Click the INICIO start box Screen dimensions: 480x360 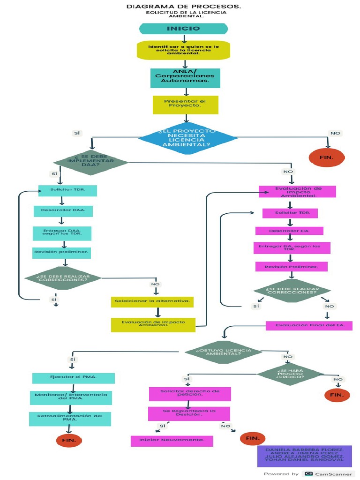point(183,29)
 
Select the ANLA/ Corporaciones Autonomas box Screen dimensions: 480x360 point(185,78)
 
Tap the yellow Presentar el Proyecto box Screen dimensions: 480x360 point(185,105)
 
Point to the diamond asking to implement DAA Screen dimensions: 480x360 point(90,162)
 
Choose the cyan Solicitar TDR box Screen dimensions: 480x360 point(67,190)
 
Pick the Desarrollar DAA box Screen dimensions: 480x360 point(63,211)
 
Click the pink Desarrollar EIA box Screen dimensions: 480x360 point(289,231)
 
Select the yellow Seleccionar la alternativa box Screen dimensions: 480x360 point(152,301)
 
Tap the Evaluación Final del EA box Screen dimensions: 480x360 point(309,325)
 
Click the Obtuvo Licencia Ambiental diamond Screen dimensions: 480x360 point(223,352)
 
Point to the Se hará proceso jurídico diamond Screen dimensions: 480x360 point(290,374)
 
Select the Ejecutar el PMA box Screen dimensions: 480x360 point(73,378)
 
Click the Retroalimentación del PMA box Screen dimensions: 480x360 point(70,419)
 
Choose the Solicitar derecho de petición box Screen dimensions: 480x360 point(190,394)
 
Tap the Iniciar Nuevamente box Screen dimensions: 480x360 point(172,441)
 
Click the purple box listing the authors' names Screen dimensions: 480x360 point(304,456)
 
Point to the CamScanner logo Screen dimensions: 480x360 point(328,474)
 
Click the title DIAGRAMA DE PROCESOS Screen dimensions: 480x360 point(184,7)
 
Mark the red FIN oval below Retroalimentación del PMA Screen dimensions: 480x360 point(69,440)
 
